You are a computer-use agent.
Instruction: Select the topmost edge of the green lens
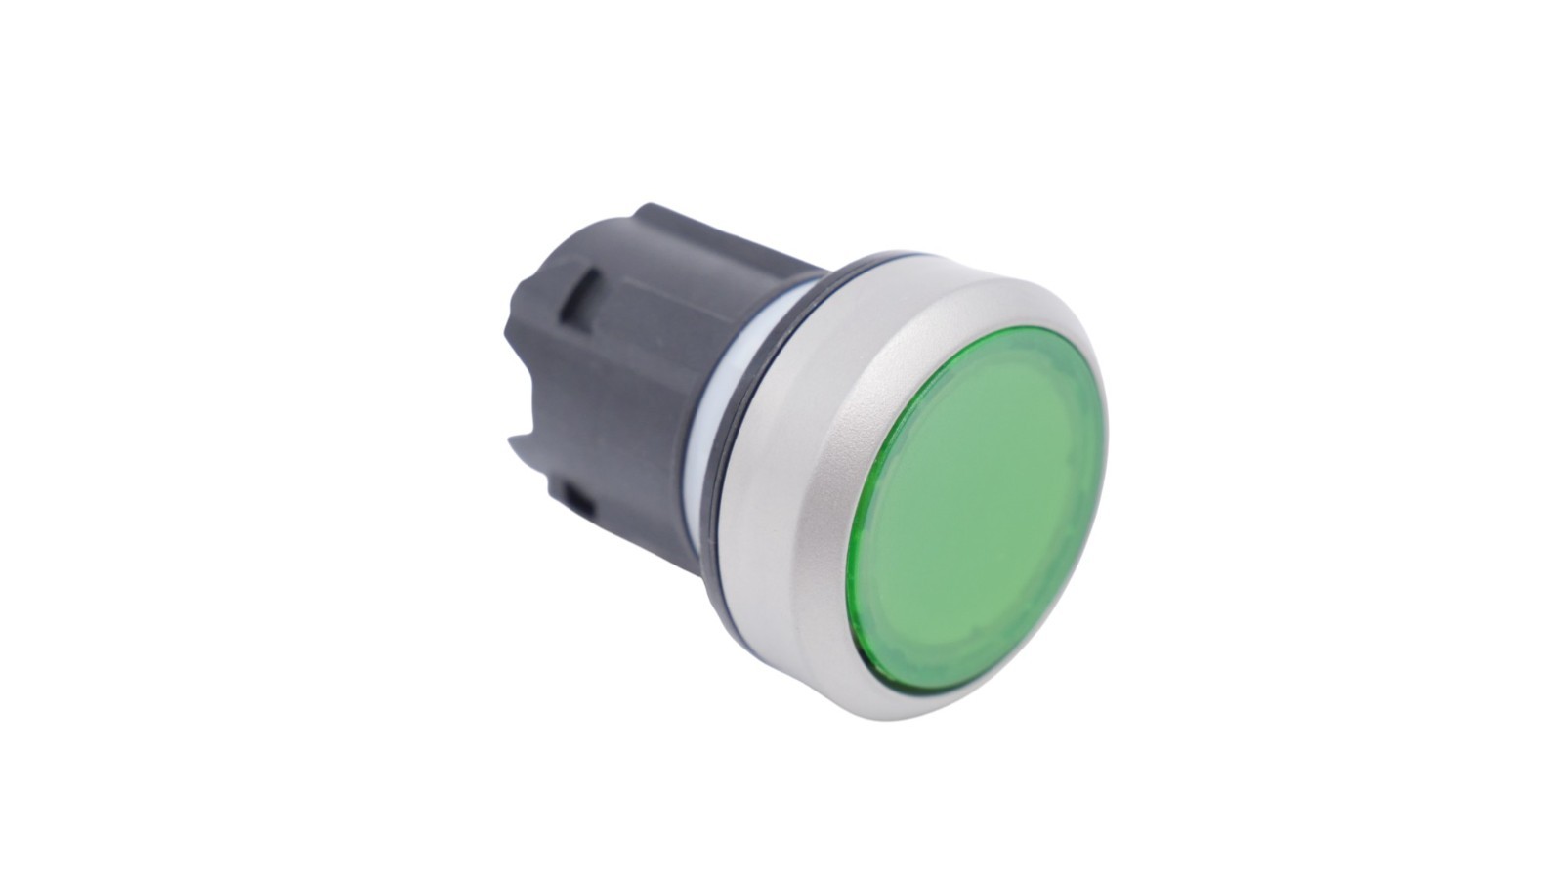click(x=1016, y=331)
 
